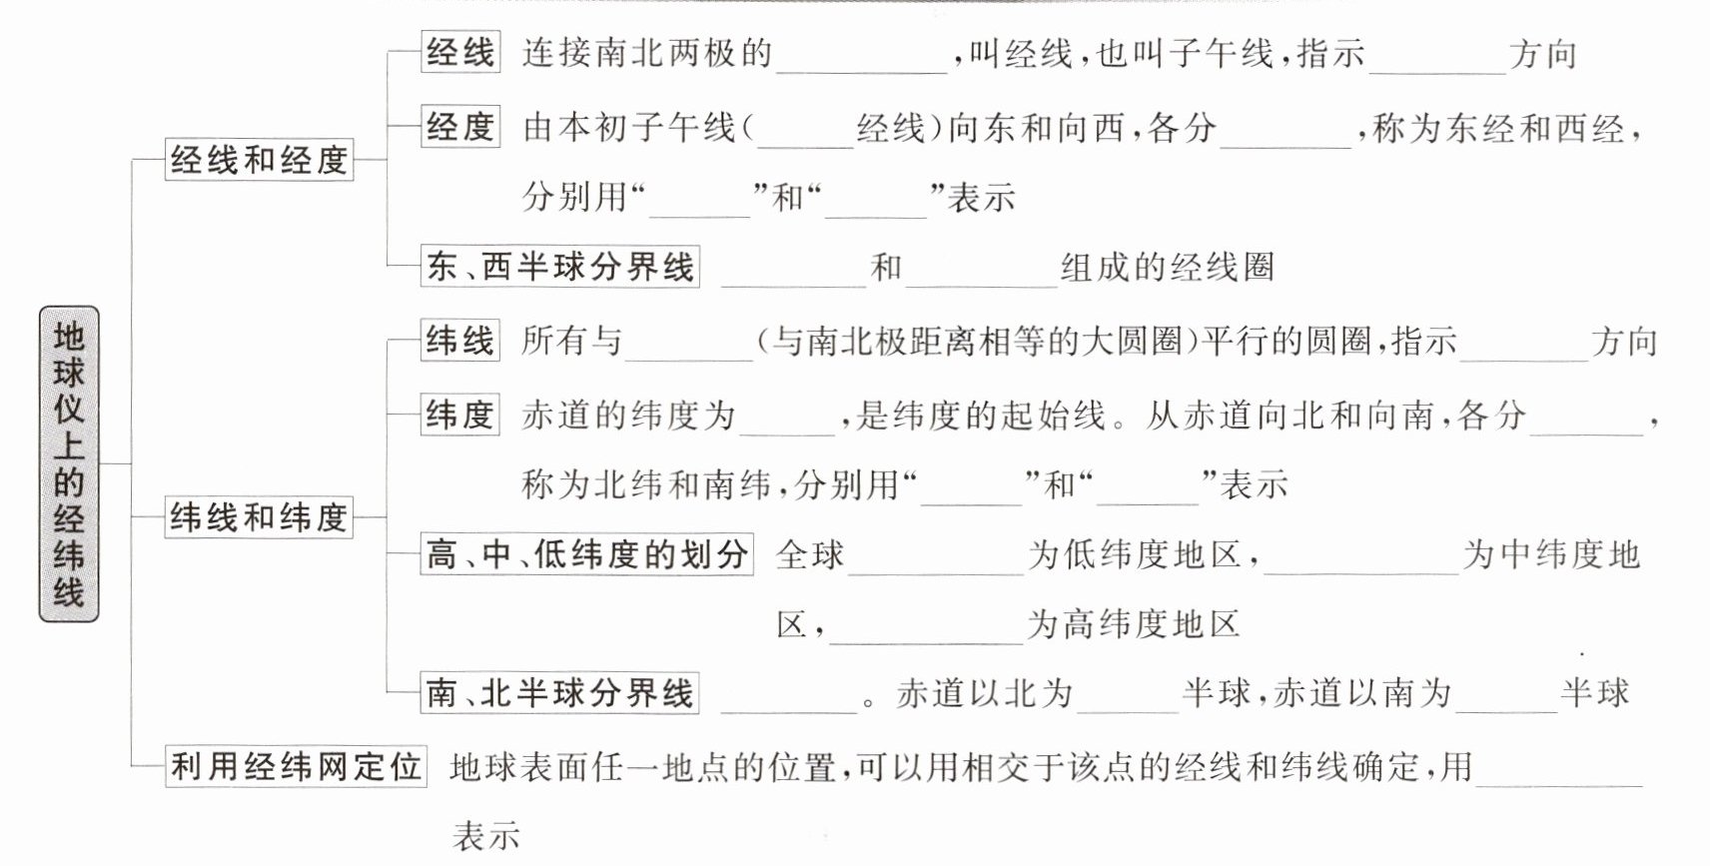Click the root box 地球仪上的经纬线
pos(69,463)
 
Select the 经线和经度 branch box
pos(259,160)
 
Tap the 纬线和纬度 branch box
pos(259,517)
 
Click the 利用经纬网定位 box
pos(296,766)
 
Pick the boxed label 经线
pos(460,52)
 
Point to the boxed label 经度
pos(460,126)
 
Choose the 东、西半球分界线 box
pos(559,266)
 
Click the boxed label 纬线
pos(460,340)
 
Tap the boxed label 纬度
pos(460,415)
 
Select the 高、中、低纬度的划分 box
pos(587,553)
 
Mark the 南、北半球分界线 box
pos(559,692)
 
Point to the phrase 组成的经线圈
pos(1168,267)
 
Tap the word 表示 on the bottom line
pos(486,836)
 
